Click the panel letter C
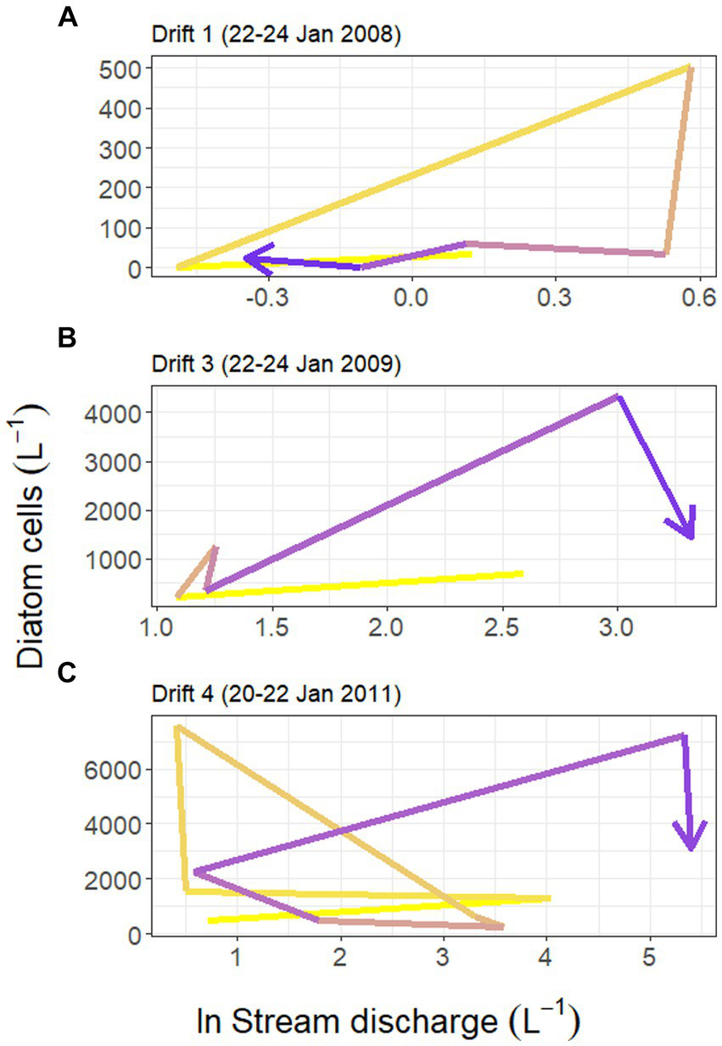[x=67, y=674]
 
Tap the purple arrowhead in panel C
[x=691, y=843]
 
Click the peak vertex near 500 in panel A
[x=691, y=68]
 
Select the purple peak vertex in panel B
[x=618, y=396]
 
